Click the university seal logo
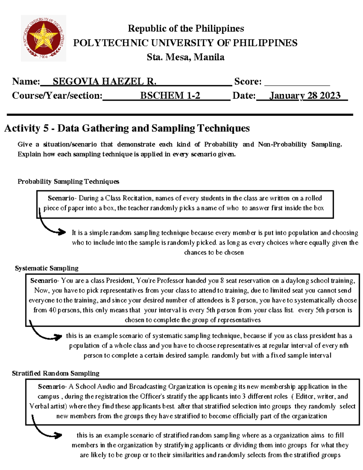(44, 38)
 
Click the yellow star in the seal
(43, 37)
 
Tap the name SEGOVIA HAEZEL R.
(104, 81)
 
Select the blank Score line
(297, 82)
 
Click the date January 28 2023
(305, 96)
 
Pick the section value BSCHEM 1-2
(170, 96)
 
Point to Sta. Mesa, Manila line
(185, 57)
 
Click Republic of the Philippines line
(186, 28)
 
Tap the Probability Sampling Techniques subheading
(68, 182)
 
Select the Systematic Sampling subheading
(47, 268)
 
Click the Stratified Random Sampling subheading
(56, 373)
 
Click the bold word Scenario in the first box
(61, 198)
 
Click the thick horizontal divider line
(180, 115)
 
